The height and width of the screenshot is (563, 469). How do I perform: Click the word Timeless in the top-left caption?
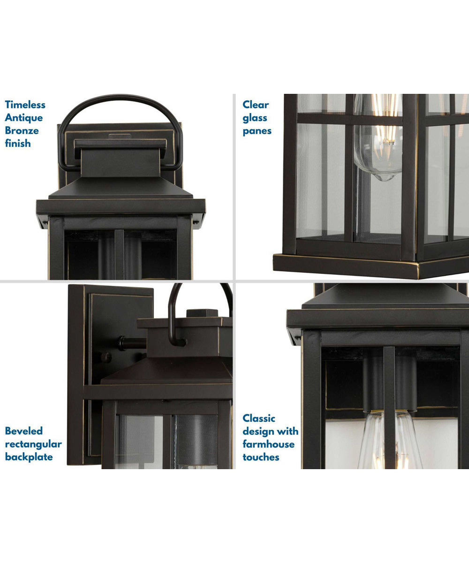click(x=25, y=105)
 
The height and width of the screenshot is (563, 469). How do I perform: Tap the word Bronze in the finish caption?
click(x=22, y=130)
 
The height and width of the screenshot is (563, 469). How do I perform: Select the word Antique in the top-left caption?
click(x=23, y=118)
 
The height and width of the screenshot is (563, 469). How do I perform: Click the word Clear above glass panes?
click(x=256, y=105)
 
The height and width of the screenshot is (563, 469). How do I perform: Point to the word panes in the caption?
click(x=257, y=131)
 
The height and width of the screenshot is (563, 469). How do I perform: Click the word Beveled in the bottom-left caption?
click(x=24, y=431)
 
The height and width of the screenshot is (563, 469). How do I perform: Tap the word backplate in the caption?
click(x=29, y=456)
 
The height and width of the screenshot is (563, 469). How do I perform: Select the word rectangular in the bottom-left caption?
click(x=33, y=444)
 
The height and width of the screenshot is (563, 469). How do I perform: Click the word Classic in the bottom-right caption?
click(x=259, y=418)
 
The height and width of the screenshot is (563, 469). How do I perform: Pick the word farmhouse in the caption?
click(x=268, y=444)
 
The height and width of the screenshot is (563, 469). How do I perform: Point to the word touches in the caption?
click(x=261, y=456)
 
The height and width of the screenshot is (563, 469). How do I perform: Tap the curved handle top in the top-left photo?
click(x=120, y=97)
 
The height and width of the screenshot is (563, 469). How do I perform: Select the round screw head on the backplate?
click(x=107, y=357)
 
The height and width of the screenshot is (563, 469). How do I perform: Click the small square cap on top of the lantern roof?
click(x=202, y=313)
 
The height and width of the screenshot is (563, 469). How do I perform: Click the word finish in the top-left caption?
click(x=18, y=144)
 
